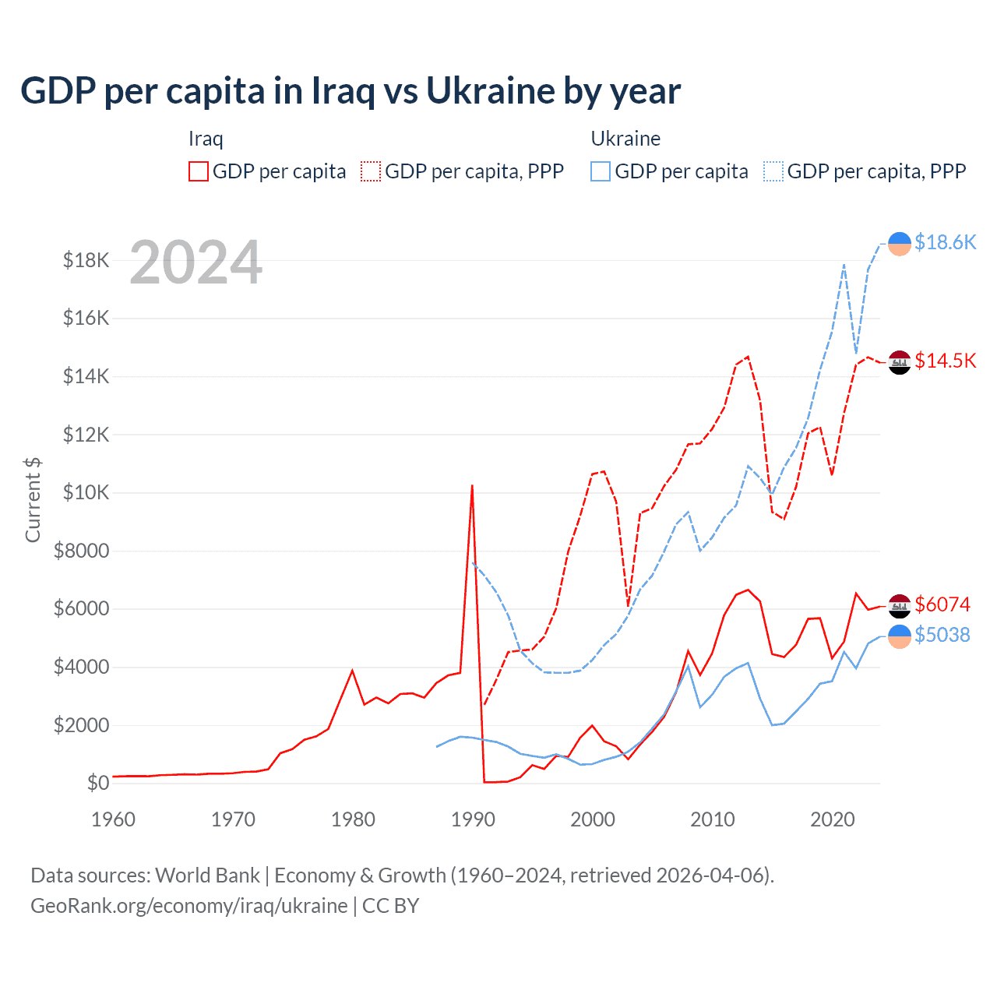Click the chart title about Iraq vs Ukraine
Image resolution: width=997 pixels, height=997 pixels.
(x=351, y=91)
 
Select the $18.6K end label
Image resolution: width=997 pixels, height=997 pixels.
(x=945, y=242)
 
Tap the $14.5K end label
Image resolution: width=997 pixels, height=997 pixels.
(x=945, y=361)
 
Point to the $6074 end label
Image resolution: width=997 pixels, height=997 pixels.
(x=942, y=604)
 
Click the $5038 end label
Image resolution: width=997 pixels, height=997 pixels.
(x=942, y=635)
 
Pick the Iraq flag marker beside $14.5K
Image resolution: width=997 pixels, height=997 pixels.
(x=900, y=362)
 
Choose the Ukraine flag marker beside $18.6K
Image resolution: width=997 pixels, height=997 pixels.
(x=900, y=244)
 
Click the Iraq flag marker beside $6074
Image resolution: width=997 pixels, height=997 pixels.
(x=900, y=606)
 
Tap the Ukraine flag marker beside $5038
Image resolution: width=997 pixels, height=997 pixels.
(x=900, y=636)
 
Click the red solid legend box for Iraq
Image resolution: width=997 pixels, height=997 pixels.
(x=199, y=171)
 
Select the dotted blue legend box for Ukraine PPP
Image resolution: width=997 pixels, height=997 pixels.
(x=773, y=171)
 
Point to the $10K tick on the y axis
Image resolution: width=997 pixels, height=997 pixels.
(x=86, y=493)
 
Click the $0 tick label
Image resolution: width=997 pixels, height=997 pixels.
(x=97, y=783)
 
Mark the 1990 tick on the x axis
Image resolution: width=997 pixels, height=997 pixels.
(x=473, y=819)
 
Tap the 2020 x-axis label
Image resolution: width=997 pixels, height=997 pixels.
(x=832, y=819)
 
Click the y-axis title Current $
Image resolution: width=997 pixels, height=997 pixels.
(x=33, y=499)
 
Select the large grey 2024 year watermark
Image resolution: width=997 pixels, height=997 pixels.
(x=196, y=263)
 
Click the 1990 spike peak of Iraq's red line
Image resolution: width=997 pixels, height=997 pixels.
(x=472, y=486)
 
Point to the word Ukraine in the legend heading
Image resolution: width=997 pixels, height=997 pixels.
(x=625, y=139)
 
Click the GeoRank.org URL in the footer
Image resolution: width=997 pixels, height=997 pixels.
(x=189, y=906)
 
